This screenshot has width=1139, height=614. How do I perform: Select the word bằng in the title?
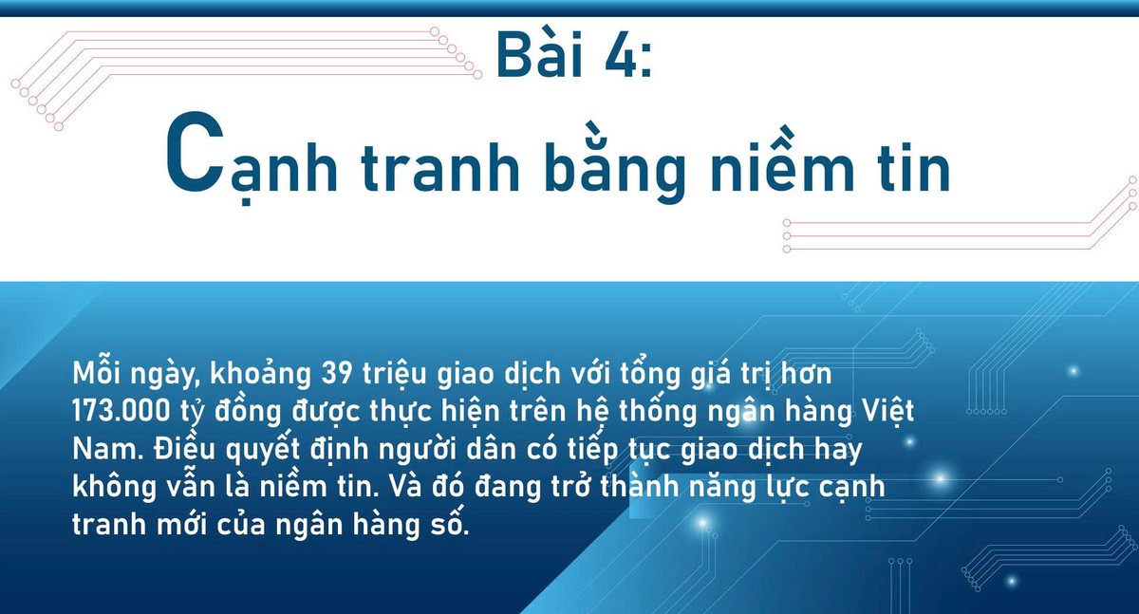[615, 163]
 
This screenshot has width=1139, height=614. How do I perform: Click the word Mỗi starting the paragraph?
[97, 373]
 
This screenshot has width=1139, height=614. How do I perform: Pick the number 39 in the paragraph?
[336, 374]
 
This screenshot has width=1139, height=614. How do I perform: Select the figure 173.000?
[121, 411]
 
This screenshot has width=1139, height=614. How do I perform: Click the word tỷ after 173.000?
[191, 413]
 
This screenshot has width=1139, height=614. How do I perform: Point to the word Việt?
[887, 412]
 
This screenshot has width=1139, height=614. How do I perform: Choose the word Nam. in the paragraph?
[108, 449]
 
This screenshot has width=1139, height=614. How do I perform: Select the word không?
[115, 487]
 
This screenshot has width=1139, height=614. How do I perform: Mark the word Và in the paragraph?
[406, 485]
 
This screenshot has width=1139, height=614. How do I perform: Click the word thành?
[640, 486]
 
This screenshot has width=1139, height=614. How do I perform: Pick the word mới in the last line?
[181, 524]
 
